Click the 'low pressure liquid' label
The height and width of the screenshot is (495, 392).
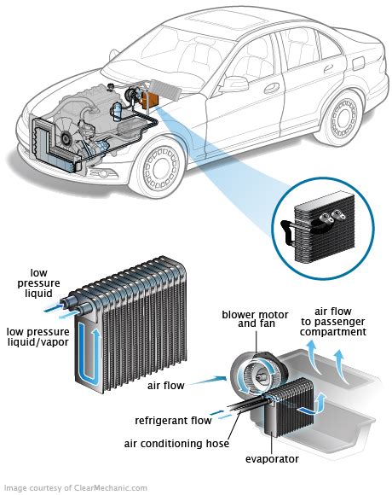[x=38, y=282]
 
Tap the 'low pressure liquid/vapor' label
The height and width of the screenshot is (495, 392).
[x=38, y=336]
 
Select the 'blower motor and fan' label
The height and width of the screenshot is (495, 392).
[x=255, y=319]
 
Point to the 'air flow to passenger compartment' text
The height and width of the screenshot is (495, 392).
[x=333, y=322]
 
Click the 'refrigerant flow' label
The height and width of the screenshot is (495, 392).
[x=173, y=421]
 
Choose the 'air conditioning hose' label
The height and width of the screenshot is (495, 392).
[x=176, y=444]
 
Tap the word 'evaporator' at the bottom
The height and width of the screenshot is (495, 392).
[x=272, y=458]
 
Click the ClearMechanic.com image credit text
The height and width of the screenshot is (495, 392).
[x=76, y=487]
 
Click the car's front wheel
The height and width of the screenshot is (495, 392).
[x=161, y=168]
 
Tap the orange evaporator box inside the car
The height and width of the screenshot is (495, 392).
[x=150, y=100]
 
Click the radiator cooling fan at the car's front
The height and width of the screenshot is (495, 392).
[x=66, y=135]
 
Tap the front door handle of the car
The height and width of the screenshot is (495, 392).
[x=272, y=88]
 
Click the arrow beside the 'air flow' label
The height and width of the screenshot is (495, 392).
[x=209, y=380]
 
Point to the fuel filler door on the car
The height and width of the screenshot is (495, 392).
[x=359, y=64]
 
